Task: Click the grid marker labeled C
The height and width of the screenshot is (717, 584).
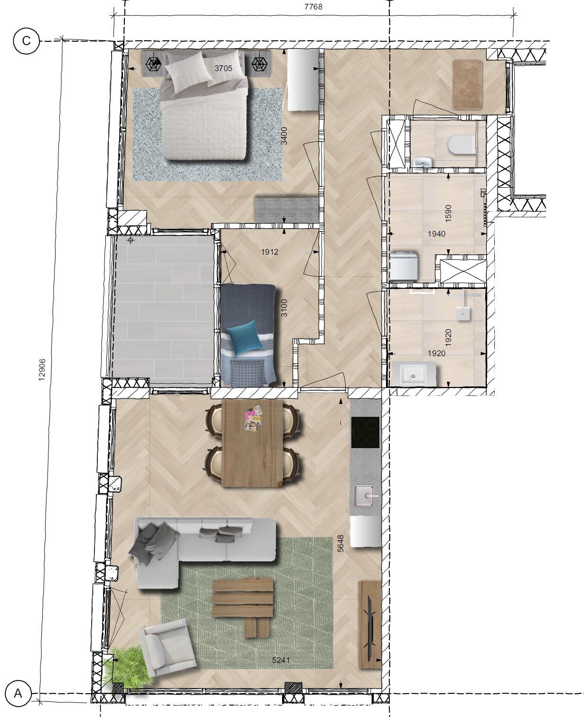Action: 26,41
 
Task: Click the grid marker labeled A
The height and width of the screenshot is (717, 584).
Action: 19,693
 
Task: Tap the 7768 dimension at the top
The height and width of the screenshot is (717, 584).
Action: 313,7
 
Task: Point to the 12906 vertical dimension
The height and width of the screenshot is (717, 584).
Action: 42,369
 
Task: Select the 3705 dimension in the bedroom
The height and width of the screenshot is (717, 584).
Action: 224,68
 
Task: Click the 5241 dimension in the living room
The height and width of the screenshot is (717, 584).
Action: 281,660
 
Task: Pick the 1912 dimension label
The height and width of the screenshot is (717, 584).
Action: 270,252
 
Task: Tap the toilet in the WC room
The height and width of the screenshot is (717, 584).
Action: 462,145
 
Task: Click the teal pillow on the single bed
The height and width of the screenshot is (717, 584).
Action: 245,337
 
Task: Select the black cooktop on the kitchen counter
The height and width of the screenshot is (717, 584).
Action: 365,432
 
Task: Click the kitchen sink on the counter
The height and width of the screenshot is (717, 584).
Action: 364,496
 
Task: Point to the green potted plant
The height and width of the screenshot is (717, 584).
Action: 127,667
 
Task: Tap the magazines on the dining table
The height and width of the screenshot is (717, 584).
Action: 253,418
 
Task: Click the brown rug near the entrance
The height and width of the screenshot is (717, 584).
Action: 467,85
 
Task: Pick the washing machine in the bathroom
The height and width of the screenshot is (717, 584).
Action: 404,266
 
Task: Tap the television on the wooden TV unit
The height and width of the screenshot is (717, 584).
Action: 370,626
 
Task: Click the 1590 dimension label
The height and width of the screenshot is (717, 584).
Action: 448,213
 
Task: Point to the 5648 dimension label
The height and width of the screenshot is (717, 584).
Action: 341,543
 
